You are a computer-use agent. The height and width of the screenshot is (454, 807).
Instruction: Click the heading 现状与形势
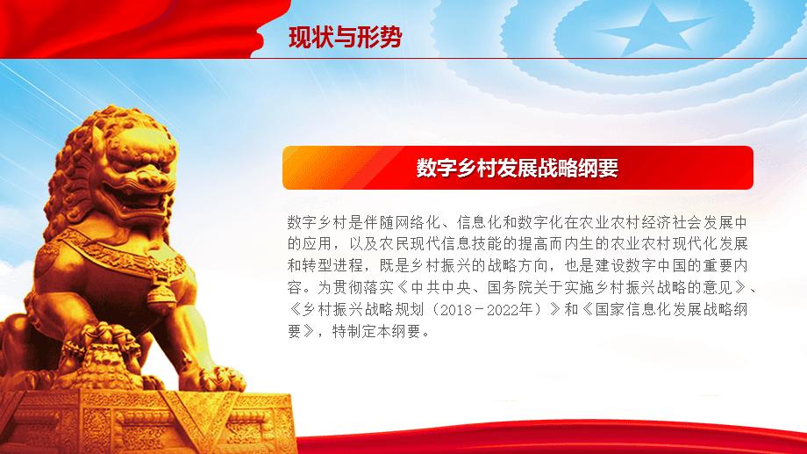[345, 37]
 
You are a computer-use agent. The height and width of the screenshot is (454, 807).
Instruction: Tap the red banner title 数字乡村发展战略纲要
[518, 168]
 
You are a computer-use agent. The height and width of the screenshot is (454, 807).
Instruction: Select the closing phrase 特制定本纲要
[376, 331]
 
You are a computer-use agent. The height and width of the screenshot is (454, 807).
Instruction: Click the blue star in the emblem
[653, 30]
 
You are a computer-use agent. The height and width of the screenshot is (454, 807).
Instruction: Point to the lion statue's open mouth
[138, 199]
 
